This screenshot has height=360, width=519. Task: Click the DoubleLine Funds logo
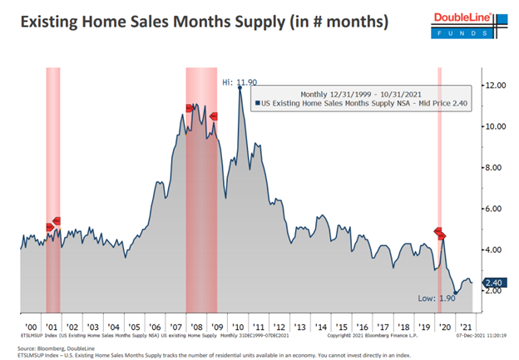tap(472, 22)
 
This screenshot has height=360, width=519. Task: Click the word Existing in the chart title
tap(55, 22)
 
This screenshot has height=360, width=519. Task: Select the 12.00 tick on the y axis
tap(496, 86)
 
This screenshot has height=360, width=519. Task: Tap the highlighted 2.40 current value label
tap(494, 283)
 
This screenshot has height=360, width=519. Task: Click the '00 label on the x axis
tap(32, 328)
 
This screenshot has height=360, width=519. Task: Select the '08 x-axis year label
tap(200, 328)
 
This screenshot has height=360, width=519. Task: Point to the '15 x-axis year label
tap(341, 328)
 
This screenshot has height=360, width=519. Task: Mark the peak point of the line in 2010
tap(240, 87)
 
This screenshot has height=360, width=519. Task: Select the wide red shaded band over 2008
tap(200, 191)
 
